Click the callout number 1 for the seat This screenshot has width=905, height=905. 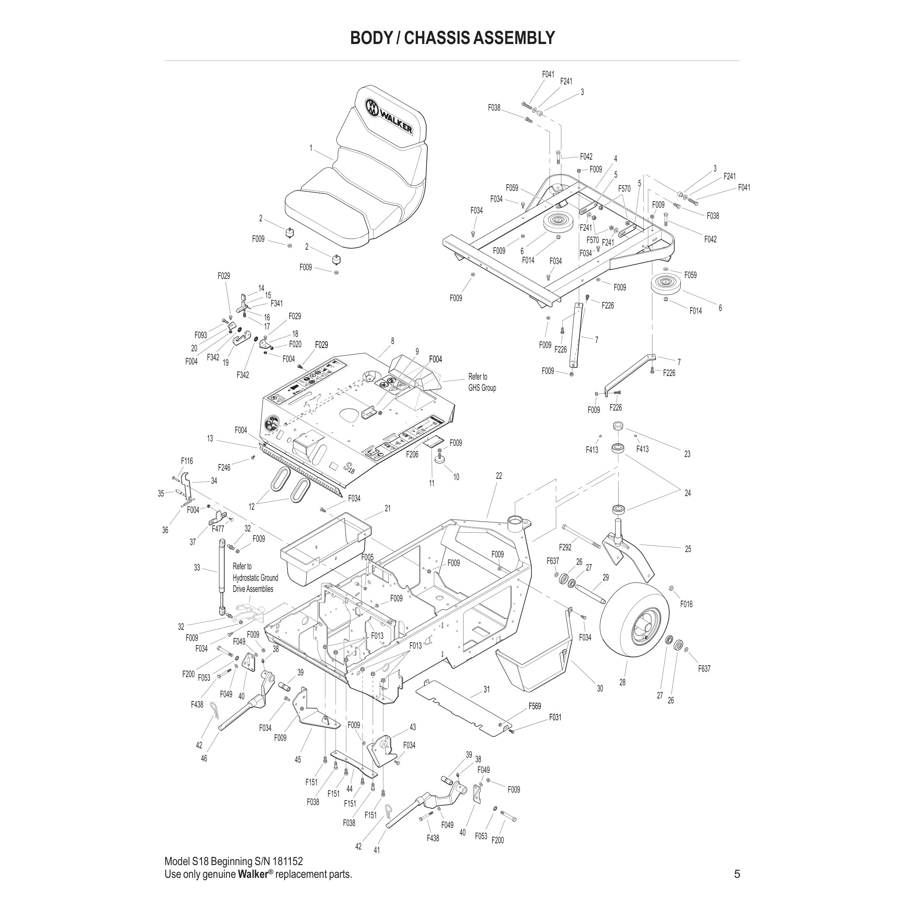click(311, 148)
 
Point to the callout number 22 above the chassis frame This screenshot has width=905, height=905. click(499, 476)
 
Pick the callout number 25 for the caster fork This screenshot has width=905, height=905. click(688, 549)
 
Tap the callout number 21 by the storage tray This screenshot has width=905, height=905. click(388, 508)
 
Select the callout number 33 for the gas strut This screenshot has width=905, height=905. click(197, 568)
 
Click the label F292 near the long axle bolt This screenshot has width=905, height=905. click(565, 547)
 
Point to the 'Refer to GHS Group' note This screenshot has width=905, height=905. click(482, 382)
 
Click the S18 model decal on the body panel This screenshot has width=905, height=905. click(348, 467)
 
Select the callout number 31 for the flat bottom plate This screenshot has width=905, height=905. click(487, 689)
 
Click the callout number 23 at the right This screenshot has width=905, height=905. click(687, 454)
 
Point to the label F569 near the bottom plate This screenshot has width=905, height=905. click(534, 706)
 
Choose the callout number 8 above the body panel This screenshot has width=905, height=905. click(392, 341)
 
